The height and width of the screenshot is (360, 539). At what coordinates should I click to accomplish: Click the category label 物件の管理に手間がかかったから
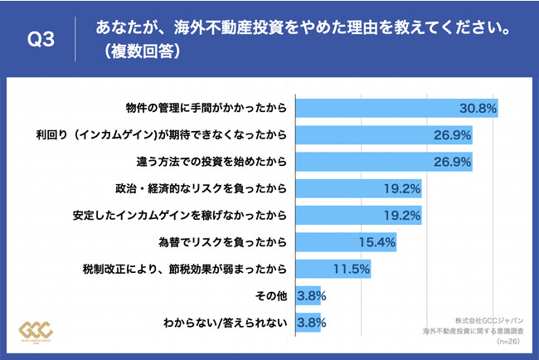tap(205, 108)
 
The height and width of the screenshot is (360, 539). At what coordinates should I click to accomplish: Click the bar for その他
tap(308, 295)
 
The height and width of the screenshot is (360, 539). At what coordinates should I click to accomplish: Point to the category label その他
tap(272, 295)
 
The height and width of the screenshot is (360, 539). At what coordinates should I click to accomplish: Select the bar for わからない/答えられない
tap(308, 322)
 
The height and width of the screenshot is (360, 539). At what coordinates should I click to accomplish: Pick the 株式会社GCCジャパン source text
tap(490, 319)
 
